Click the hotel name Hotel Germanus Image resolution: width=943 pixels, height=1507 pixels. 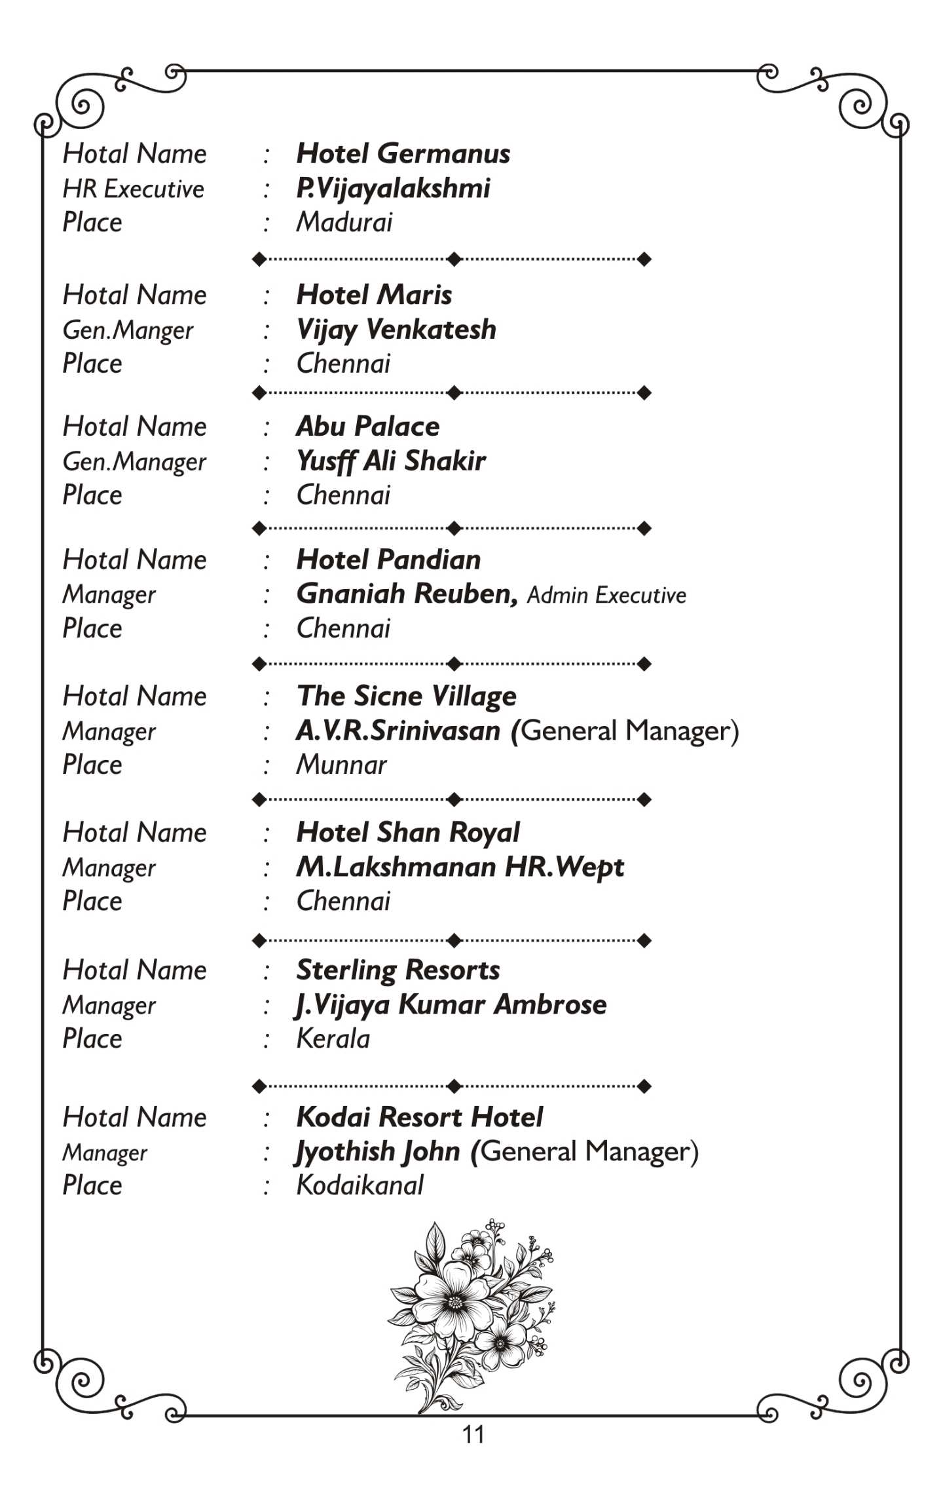point(403,154)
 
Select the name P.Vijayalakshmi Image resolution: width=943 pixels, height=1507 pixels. point(393,189)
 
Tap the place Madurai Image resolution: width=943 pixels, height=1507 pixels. point(344,223)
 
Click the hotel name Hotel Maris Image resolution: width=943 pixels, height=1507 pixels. point(374,296)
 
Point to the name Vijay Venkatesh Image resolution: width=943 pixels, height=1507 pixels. point(396,330)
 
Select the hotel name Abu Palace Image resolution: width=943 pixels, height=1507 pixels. point(367,427)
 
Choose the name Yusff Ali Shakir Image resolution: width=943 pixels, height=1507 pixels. point(391,461)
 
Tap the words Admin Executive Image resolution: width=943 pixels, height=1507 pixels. point(606,596)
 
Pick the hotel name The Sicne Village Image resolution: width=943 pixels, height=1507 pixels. point(406,696)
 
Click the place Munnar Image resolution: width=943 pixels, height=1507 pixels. point(341,765)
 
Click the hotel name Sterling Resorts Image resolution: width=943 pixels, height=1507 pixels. point(398,970)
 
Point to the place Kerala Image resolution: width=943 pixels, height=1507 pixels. point(333,1039)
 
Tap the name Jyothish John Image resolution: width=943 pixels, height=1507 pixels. point(378,1152)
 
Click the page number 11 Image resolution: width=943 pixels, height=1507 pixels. point(473,1435)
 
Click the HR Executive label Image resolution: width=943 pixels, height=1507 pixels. point(133,189)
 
